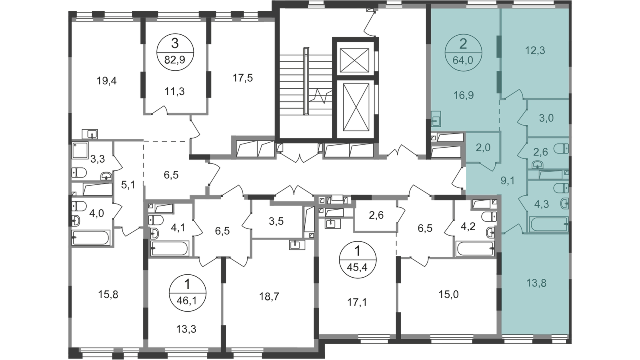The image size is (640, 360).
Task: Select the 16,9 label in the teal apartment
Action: pyautogui.click(x=463, y=95)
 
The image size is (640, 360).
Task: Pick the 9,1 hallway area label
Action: pyautogui.click(x=508, y=180)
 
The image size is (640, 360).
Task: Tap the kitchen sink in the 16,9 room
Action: pyautogui.click(x=436, y=120)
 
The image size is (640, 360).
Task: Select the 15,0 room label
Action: pyautogui.click(x=446, y=294)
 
